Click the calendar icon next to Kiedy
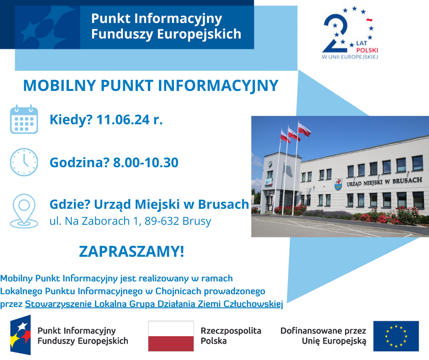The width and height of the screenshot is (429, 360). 24,119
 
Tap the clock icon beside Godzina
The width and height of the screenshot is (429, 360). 24,162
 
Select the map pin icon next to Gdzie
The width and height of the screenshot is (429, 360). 24,211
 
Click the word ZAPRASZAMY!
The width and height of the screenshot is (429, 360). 131,251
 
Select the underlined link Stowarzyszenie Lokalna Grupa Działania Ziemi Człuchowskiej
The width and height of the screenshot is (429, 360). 154,304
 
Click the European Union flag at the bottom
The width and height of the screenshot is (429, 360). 396,336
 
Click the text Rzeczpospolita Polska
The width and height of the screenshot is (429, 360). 231,335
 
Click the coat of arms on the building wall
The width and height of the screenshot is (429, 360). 338,184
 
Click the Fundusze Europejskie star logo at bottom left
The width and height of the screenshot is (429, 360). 21,335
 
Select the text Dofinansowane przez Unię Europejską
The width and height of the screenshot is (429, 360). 323,335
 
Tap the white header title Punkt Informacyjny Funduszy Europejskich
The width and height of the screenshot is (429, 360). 166,26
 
